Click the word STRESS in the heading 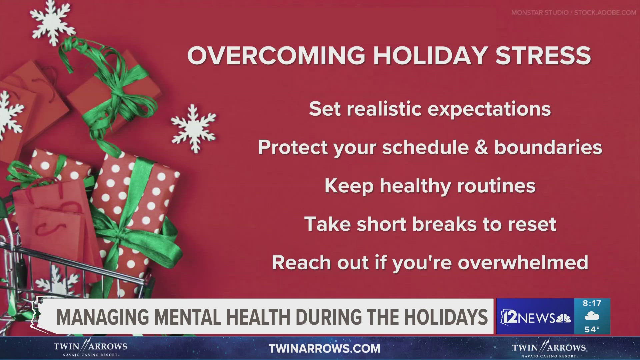click(543, 55)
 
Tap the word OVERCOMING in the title click(276, 55)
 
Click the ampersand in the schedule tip click(481, 147)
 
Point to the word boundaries click(548, 147)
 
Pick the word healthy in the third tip click(416, 186)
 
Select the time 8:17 click(592, 303)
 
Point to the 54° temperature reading click(592, 329)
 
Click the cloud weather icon click(592, 316)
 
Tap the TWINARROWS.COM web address click(324, 349)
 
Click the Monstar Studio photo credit click(574, 13)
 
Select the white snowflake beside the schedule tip click(194, 128)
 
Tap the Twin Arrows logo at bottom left click(90, 349)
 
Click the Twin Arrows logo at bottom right click(549, 349)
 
